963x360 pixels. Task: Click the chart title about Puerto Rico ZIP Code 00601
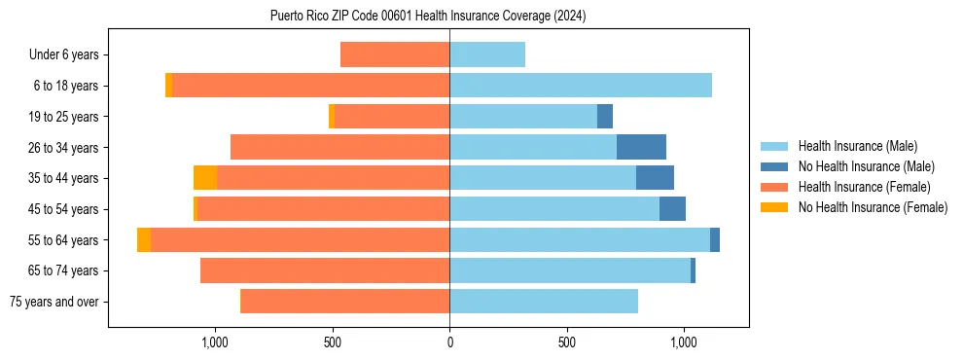(x=428, y=16)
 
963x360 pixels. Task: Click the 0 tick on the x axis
(x=449, y=342)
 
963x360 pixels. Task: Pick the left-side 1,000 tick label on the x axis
(x=215, y=342)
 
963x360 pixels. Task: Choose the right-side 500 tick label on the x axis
(x=567, y=342)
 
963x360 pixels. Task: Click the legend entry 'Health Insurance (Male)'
(x=857, y=146)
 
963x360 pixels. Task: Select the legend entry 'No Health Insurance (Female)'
(x=873, y=207)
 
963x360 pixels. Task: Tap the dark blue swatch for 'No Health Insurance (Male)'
(x=774, y=166)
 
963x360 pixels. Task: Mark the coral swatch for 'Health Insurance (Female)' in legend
(x=774, y=187)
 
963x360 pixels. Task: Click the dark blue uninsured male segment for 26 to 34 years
(x=641, y=147)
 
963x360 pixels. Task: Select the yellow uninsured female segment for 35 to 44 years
(x=205, y=178)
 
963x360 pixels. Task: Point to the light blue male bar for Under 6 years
(x=487, y=54)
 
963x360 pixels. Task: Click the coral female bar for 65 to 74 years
(x=325, y=270)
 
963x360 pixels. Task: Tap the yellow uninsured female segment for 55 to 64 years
(x=144, y=239)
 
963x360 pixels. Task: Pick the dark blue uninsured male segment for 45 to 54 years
(x=672, y=209)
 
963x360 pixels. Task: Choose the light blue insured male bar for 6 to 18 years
(x=581, y=86)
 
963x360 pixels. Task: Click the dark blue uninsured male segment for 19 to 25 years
(x=605, y=117)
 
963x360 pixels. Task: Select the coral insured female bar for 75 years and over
(x=345, y=302)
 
